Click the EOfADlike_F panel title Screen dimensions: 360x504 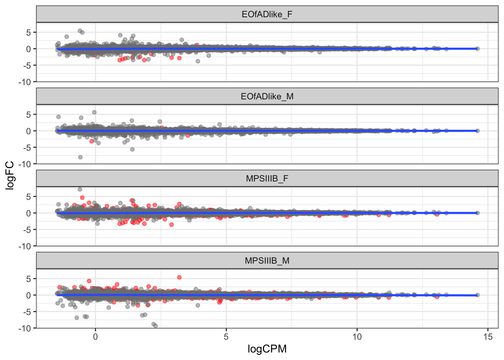267,15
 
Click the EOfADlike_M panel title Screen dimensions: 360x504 267,97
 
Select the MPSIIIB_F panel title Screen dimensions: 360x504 267,178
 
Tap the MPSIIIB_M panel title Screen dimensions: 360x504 267,261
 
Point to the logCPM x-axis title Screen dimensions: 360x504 267,349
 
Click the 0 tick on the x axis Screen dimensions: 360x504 95,337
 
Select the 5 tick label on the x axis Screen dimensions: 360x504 226,337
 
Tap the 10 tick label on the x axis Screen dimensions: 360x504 357,337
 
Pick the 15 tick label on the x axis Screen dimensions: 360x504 488,337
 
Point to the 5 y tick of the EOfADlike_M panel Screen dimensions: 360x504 29,115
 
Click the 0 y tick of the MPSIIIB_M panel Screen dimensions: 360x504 29,295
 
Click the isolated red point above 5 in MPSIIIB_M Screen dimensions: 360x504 179,277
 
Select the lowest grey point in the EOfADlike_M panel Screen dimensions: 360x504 80,157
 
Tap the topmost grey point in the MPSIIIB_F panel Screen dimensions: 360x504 80,189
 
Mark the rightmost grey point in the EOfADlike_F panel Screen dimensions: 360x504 477,49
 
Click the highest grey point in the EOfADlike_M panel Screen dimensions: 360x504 94,112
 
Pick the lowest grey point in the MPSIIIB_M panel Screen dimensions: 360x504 156,326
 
